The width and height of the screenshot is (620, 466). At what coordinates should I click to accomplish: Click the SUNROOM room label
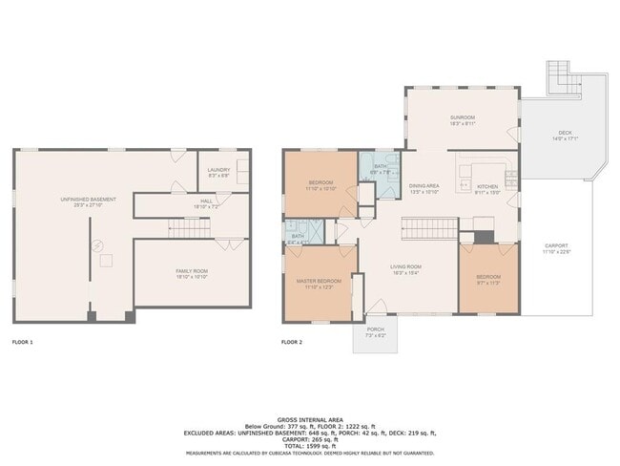[x=462, y=117]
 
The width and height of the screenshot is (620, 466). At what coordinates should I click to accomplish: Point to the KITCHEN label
[x=487, y=186]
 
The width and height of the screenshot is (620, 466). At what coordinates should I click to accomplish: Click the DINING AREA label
[x=424, y=186]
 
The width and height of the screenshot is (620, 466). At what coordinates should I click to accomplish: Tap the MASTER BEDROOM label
[x=320, y=282]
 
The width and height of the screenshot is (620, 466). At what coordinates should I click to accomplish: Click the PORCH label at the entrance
[x=375, y=329]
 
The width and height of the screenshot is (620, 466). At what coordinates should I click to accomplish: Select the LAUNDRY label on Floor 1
[x=219, y=170]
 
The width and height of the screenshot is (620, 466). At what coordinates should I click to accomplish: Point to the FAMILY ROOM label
[x=192, y=271]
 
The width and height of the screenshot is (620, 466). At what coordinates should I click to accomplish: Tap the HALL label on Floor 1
[x=206, y=201]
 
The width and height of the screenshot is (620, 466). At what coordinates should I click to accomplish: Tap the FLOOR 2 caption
[x=291, y=342]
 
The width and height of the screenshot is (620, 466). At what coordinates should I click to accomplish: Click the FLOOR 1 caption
[x=22, y=342]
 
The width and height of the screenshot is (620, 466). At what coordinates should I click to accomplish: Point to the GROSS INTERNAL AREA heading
[x=309, y=419]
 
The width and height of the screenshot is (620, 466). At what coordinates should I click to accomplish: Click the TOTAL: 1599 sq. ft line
[x=309, y=447]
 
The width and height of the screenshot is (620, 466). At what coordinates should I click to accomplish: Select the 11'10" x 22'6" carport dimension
[x=556, y=252]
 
